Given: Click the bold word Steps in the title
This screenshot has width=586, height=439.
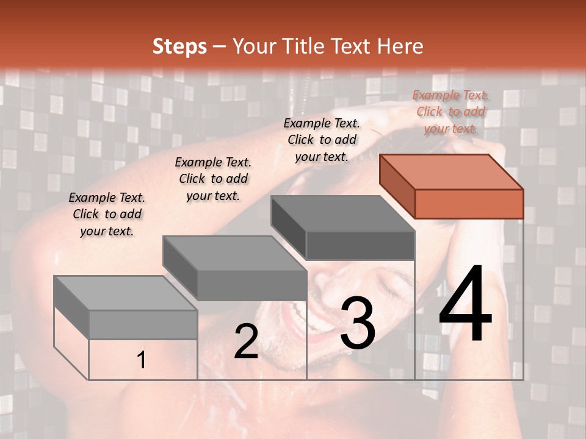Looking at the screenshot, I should [179, 46].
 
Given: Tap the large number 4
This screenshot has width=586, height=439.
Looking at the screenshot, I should [465, 306].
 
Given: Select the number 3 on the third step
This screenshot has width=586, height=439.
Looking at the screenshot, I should [358, 323].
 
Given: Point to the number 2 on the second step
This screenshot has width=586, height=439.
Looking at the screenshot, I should [246, 341].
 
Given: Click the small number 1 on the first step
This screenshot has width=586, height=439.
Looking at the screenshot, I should [141, 360].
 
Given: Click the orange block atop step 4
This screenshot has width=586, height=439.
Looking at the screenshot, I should [452, 186].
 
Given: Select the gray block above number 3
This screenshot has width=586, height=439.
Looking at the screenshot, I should [343, 227].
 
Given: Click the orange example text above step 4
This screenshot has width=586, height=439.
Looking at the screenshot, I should [450, 112].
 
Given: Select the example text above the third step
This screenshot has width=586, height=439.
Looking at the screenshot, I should [322, 140].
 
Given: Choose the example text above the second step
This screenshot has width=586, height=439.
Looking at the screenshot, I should [213, 179].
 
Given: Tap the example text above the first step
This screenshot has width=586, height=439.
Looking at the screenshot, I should [107, 214].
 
